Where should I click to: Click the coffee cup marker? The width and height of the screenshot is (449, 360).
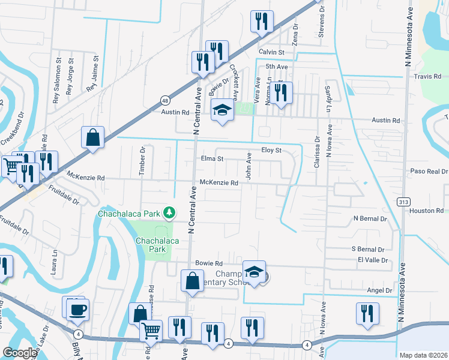tap(78, 311)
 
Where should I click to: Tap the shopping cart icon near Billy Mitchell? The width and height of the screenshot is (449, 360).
tap(151, 331)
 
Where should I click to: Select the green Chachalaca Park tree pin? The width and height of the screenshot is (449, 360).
tap(170, 212)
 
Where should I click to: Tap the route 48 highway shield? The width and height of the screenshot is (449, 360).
tap(164, 101)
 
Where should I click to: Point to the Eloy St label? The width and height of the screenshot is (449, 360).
tap(271, 150)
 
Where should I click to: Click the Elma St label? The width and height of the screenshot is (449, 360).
tap(212, 160)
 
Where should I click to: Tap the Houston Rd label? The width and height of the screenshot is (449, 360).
tap(426, 211)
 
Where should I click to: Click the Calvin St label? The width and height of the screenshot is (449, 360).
tap(271, 52)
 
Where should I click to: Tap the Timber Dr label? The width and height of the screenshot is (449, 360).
tap(143, 161)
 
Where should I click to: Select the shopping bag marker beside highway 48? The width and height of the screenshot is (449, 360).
tap(94, 137)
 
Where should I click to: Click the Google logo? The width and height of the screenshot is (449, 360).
tap(19, 353)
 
